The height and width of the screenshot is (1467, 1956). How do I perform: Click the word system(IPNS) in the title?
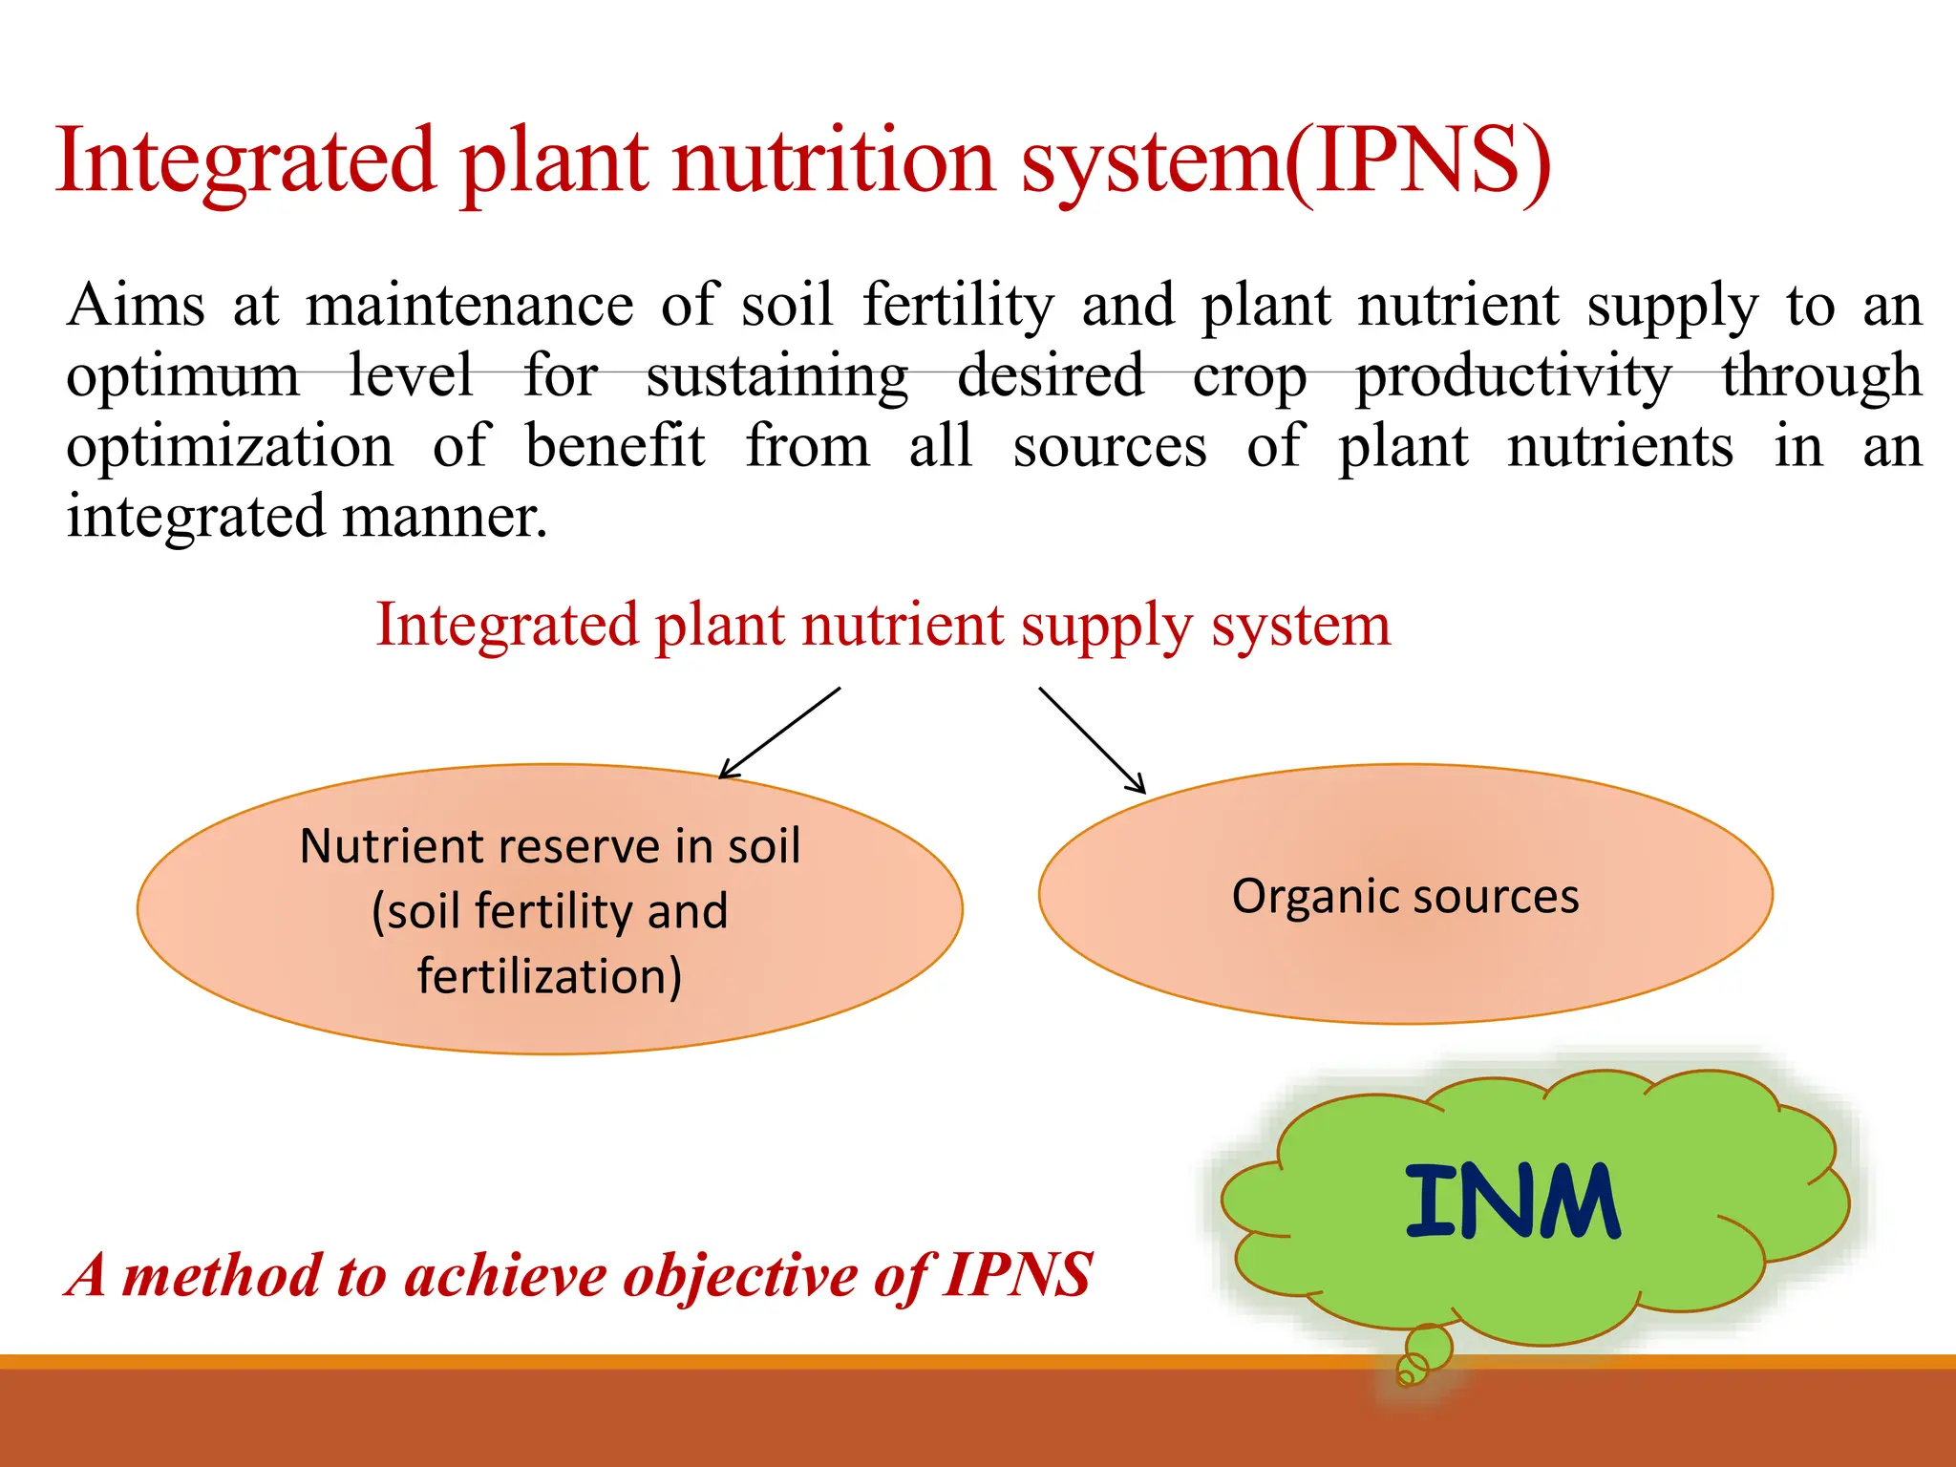(x=1285, y=162)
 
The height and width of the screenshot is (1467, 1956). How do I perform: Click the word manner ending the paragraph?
(x=444, y=518)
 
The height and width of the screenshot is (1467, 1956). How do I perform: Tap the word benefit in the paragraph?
(x=615, y=447)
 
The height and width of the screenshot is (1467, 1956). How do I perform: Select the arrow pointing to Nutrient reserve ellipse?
(x=779, y=733)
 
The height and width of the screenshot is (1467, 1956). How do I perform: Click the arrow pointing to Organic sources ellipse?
(x=1092, y=739)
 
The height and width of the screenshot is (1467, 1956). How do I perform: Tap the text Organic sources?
(x=1405, y=897)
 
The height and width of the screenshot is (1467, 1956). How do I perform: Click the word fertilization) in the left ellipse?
(x=549, y=977)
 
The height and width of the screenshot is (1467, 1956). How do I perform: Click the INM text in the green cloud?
(x=1512, y=1201)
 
